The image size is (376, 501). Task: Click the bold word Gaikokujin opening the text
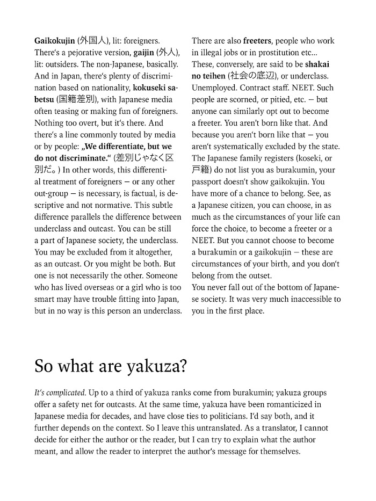pos(55,41)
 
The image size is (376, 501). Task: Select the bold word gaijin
pos(144,53)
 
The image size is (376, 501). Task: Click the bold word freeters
pos(261,41)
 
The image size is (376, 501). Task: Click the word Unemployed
pos(213,88)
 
